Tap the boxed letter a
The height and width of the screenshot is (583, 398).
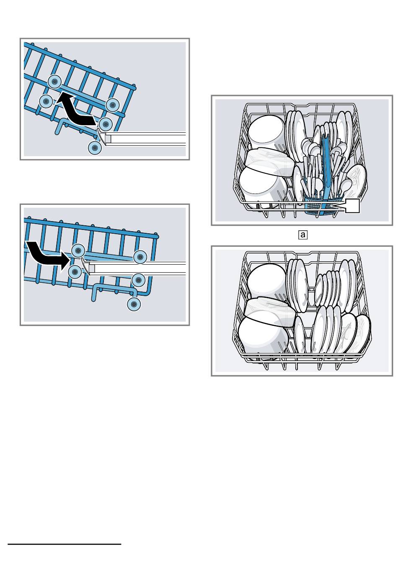tap(303, 235)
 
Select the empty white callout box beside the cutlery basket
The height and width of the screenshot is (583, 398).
tap(352, 206)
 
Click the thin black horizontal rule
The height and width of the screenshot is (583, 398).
tap(65, 544)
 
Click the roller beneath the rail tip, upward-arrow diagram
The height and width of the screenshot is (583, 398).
tap(95, 148)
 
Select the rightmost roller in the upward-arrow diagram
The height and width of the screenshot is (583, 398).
tap(112, 105)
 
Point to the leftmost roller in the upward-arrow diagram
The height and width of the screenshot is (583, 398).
tap(46, 101)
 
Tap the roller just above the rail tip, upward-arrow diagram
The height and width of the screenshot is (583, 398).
tap(106, 124)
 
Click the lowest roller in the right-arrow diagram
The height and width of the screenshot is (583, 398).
tap(134, 304)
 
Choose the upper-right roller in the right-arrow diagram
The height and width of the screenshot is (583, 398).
tap(140, 257)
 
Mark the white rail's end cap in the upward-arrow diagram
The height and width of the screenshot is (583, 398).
tap(104, 138)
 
